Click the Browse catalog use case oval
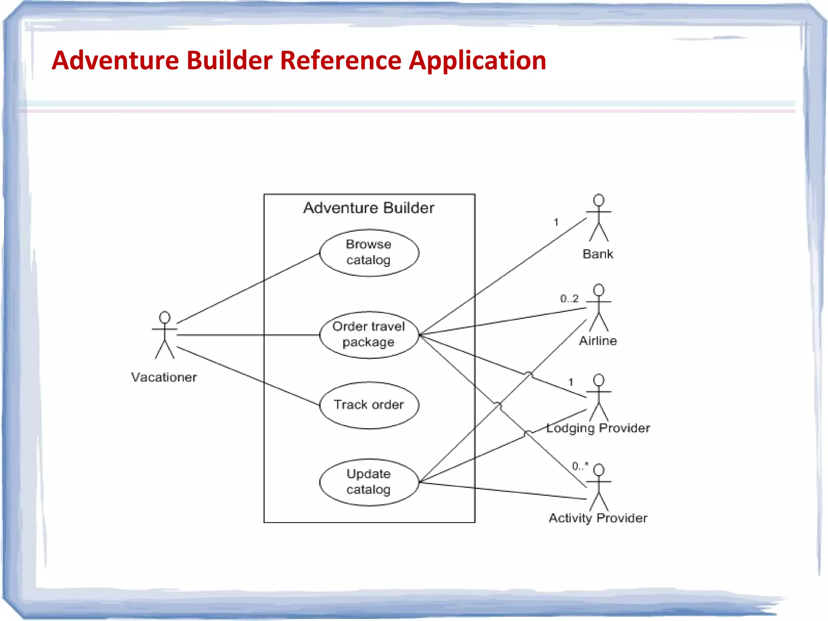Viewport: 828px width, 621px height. tap(369, 253)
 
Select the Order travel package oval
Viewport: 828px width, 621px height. tap(369, 335)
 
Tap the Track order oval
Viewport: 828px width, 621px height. tap(369, 405)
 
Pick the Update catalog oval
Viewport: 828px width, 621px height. tap(369, 482)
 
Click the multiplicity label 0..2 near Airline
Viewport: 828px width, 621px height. tap(569, 299)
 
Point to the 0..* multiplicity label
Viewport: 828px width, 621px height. tap(580, 466)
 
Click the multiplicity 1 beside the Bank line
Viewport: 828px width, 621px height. tap(556, 222)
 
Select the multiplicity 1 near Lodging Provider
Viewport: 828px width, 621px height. tap(570, 382)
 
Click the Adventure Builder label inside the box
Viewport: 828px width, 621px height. tap(369, 208)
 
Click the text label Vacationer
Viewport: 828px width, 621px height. tap(164, 377)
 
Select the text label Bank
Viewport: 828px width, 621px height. tap(598, 254)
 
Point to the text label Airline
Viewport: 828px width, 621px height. tap(598, 341)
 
